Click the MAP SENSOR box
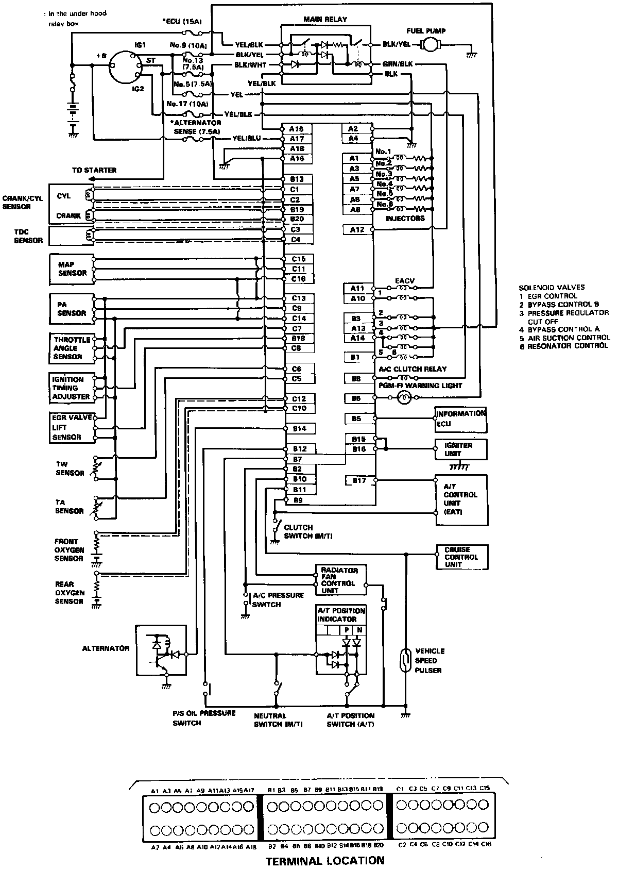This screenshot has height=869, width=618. [72, 269]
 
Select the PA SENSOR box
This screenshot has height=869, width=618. [72, 309]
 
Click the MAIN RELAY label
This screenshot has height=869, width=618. [325, 20]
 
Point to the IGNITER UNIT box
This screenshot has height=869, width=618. [461, 449]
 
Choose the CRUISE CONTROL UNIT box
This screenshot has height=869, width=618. [462, 557]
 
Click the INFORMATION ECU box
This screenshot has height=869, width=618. [461, 419]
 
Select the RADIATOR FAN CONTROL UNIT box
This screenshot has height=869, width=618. [340, 580]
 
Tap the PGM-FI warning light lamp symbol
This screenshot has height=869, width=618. [404, 397]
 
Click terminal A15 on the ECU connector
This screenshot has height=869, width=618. [297, 129]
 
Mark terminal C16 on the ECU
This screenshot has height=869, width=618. [299, 279]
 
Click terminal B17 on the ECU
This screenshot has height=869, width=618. [359, 480]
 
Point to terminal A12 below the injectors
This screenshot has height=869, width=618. [357, 229]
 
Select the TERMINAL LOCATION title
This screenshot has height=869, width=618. [324, 860]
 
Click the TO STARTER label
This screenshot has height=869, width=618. [94, 170]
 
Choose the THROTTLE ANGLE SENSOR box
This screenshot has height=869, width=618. [72, 348]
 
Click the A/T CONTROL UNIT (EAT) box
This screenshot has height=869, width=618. [461, 499]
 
